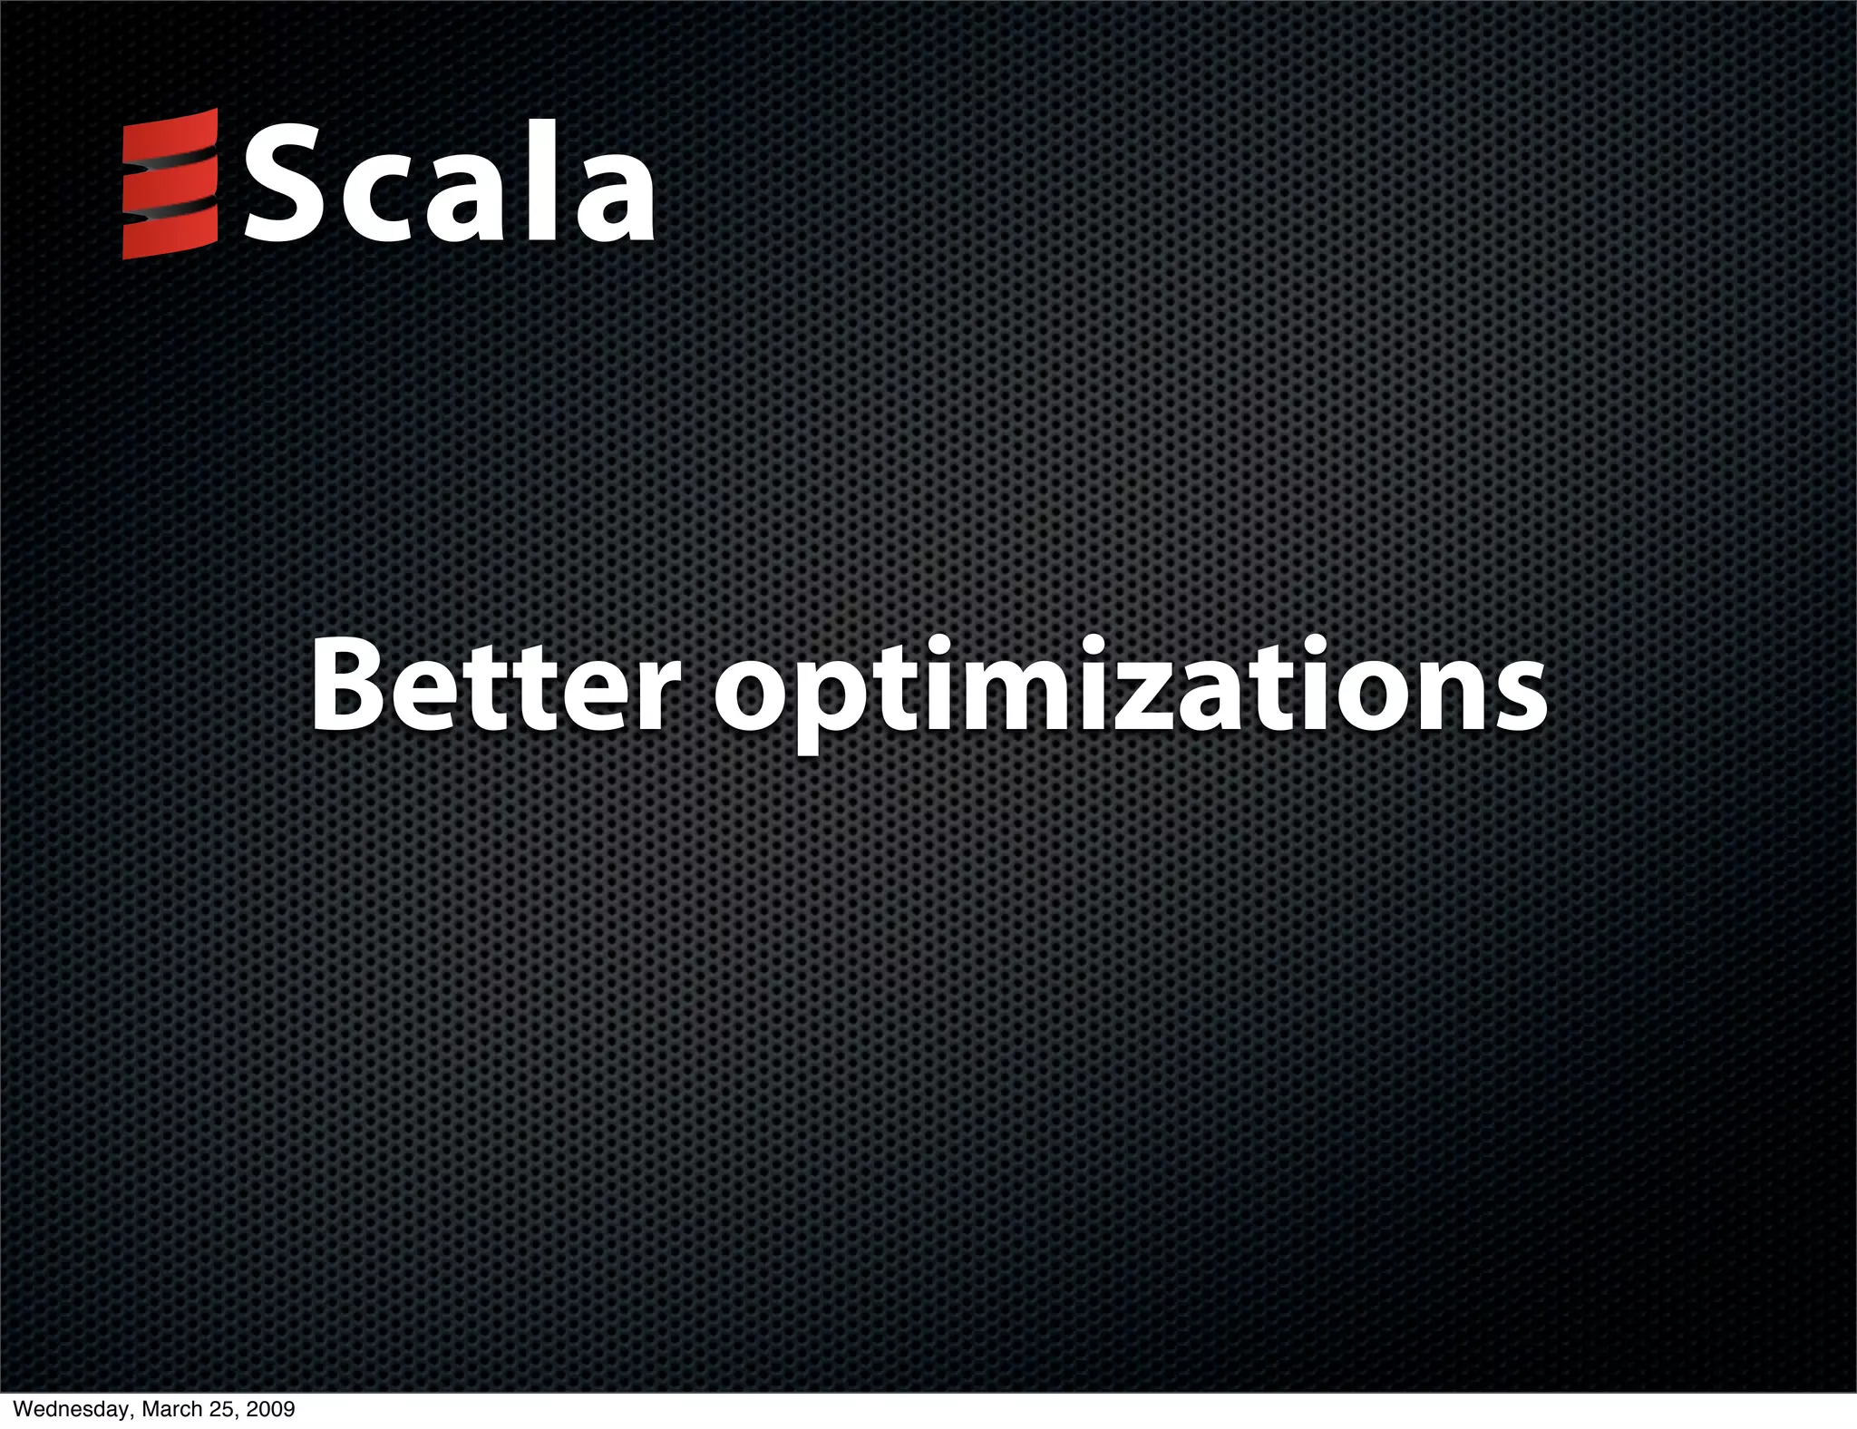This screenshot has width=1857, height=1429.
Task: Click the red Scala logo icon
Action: tap(170, 184)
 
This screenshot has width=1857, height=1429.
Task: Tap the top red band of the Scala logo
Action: tap(170, 136)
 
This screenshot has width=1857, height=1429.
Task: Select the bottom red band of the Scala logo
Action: tap(170, 236)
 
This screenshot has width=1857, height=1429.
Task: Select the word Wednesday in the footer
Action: tap(61, 1410)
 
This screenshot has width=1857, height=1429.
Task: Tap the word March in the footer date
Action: tap(162, 1410)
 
